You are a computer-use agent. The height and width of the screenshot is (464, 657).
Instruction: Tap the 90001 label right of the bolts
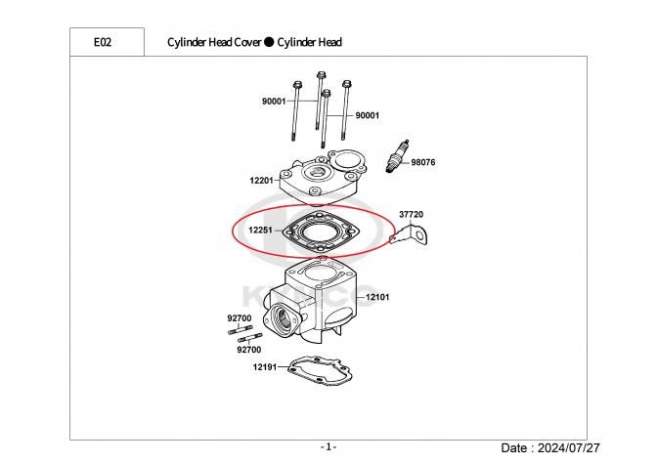coord(367,115)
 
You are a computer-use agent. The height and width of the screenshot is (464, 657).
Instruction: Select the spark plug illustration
coord(397,156)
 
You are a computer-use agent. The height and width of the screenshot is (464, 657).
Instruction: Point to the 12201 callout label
coord(262,181)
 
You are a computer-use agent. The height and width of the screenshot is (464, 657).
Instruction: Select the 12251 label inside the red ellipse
coord(261,232)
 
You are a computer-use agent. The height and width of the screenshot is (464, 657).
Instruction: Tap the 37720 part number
coord(411,214)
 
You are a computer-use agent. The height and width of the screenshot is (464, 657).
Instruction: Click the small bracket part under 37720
coord(411,234)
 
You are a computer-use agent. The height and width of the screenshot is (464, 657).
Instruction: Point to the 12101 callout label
coord(378,296)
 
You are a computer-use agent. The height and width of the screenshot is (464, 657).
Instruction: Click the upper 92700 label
coord(239,317)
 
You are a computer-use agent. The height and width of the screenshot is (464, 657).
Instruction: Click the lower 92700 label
coord(249,349)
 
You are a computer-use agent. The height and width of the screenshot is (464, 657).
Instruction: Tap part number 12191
coord(265,367)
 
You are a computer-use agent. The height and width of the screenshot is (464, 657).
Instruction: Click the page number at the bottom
coord(328,446)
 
